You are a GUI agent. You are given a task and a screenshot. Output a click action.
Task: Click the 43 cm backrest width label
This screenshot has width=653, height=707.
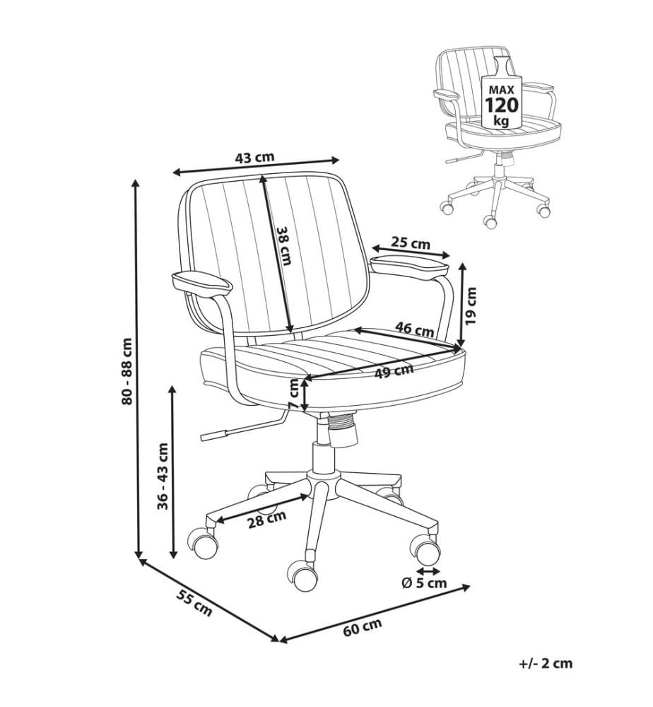coord(254,158)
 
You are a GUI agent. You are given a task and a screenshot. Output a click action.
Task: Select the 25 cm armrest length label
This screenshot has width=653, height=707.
coord(410,243)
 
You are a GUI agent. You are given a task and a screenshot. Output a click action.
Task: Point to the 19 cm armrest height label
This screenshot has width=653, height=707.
coord(471,305)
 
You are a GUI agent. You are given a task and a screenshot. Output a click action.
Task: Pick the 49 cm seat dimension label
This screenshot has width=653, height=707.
coord(394,371)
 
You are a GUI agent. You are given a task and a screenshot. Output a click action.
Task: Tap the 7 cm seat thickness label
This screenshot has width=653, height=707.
coord(293,393)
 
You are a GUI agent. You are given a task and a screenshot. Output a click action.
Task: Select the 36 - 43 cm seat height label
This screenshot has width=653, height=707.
coord(163,476)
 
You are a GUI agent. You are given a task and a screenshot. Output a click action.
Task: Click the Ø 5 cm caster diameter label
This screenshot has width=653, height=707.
coord(424,583)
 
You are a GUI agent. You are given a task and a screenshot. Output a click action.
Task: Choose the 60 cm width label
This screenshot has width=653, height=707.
coord(363,627)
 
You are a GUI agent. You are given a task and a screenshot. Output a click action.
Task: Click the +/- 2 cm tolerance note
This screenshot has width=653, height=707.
coord(546,664)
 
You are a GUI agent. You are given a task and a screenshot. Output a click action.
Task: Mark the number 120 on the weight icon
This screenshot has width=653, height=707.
coord(501,105)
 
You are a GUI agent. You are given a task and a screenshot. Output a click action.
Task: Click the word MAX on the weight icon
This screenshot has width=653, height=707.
coord(501,90)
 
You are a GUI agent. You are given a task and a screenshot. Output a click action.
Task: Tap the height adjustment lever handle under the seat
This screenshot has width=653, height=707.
coord(213,435)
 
